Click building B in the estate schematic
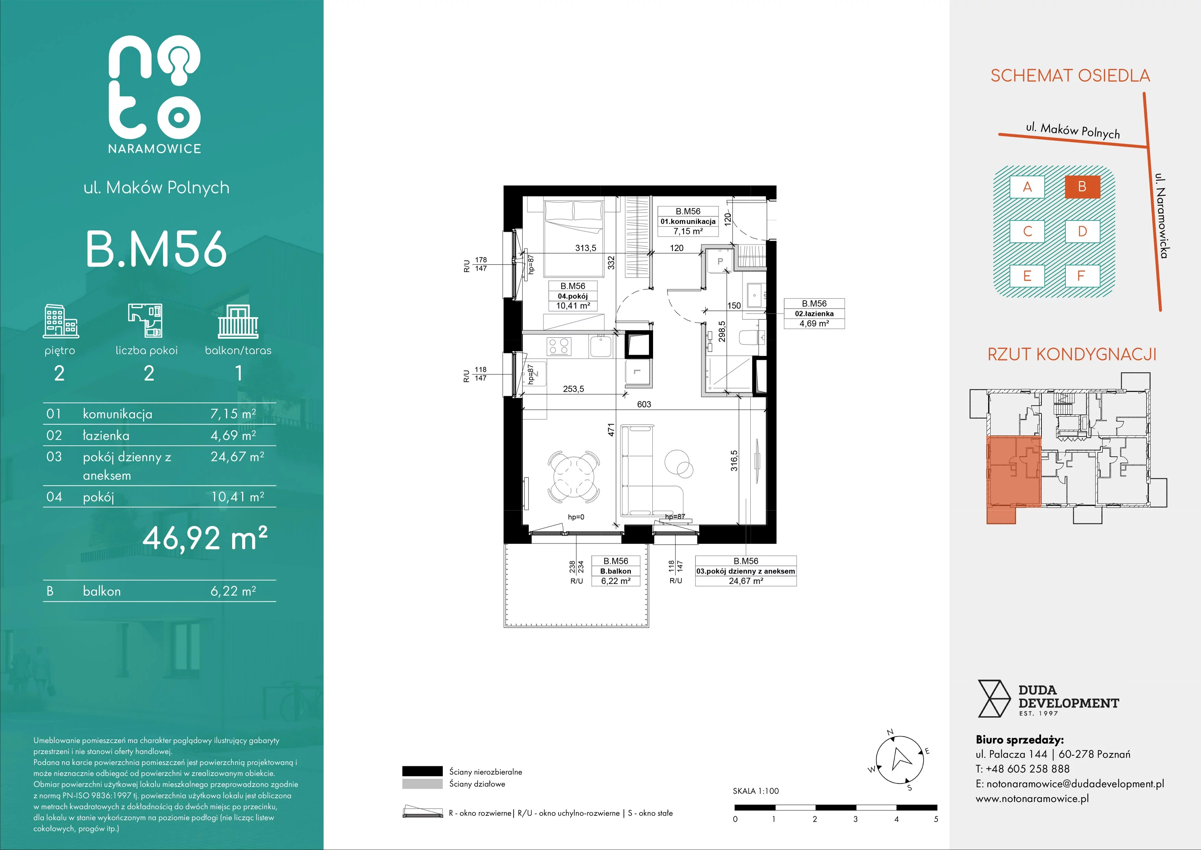pyautogui.click(x=1082, y=186)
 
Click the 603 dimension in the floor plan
pyautogui.click(x=644, y=404)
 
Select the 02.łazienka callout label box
pyautogui.click(x=814, y=314)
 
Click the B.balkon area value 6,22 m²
pyautogui.click(x=616, y=581)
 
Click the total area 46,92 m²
pyautogui.click(x=205, y=537)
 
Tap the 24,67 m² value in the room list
pyautogui.click(x=237, y=457)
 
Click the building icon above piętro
pyautogui.click(x=61, y=321)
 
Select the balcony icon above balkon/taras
pyautogui.click(x=238, y=321)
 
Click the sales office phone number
pyautogui.click(x=1024, y=769)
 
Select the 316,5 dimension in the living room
pyautogui.click(x=735, y=461)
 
